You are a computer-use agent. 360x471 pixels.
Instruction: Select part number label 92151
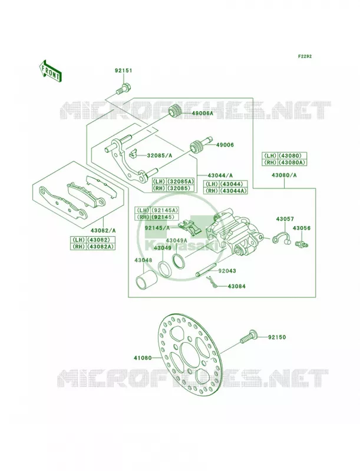point(123,71)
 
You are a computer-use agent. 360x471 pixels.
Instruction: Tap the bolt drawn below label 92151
point(123,88)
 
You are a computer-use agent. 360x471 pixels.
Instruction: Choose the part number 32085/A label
point(159,155)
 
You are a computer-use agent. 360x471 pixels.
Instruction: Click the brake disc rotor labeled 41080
point(189,350)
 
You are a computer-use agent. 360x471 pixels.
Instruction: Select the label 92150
point(277,337)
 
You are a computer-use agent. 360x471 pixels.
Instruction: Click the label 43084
point(236,286)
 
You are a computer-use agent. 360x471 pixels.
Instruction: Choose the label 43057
point(285,219)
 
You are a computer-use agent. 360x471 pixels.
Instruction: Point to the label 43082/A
point(103,230)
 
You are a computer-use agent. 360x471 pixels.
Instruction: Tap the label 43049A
point(177,240)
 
